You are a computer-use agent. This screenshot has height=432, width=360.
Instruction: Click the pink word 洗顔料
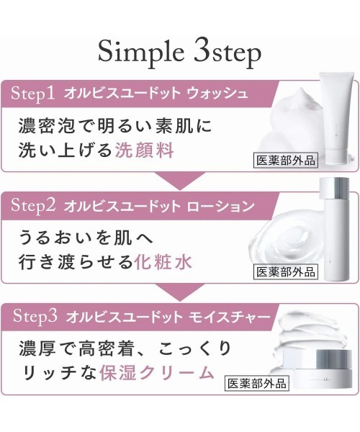click(144, 150)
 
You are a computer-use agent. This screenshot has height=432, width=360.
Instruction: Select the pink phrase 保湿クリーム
click(176, 372)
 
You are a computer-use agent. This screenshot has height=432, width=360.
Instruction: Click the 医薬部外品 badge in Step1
click(285, 161)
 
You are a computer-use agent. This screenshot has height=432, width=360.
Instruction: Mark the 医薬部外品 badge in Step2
click(286, 272)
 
